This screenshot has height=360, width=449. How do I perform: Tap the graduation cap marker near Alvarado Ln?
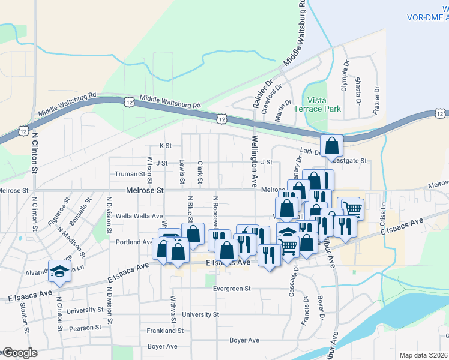tap(59, 271)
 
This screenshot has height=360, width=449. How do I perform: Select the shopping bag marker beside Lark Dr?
tap(331, 146)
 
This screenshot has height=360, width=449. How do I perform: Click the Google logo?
tap(19, 353)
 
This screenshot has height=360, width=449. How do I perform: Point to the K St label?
tap(165, 146)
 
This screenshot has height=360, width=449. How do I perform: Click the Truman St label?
tap(131, 174)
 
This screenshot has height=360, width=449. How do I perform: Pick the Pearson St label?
tap(85, 328)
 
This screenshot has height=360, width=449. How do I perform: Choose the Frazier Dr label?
tap(377, 97)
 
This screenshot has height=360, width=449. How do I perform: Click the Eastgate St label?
tap(349, 161)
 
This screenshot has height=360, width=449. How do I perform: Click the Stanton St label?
tap(24, 317)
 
